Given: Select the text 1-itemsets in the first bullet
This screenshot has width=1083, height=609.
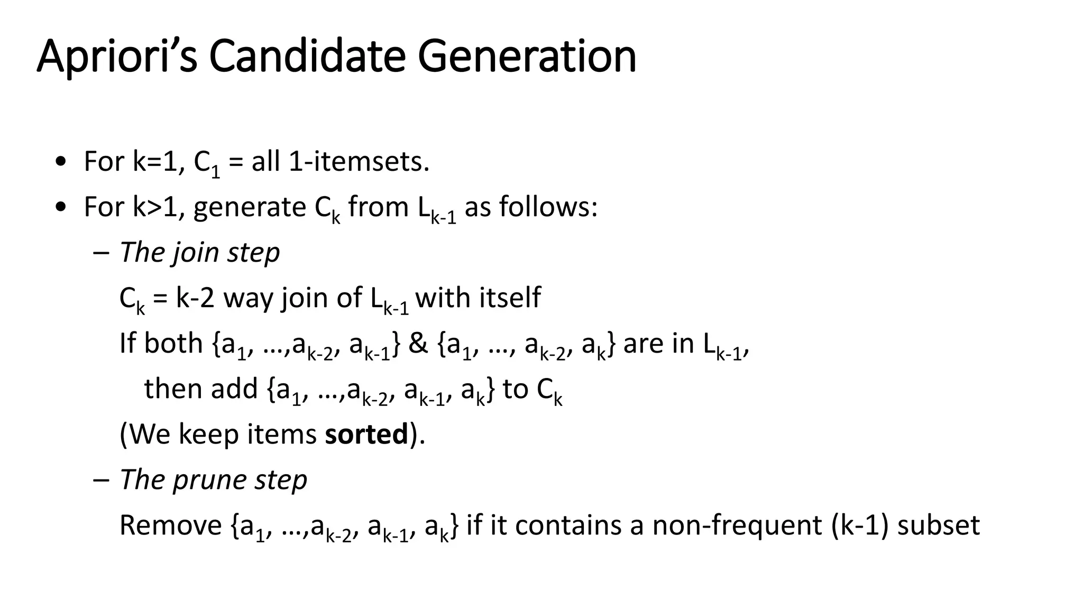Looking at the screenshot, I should [359, 161].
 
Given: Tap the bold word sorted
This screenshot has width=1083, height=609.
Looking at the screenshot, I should [366, 434].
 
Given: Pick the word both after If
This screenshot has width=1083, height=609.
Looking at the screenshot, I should [173, 343].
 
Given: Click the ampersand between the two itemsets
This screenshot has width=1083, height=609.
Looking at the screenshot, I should [418, 343].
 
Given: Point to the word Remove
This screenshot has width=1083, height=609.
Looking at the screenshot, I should [171, 525].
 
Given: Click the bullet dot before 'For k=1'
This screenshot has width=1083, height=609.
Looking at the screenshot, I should [60, 161].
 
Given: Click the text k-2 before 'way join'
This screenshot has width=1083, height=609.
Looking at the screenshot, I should [195, 298].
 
